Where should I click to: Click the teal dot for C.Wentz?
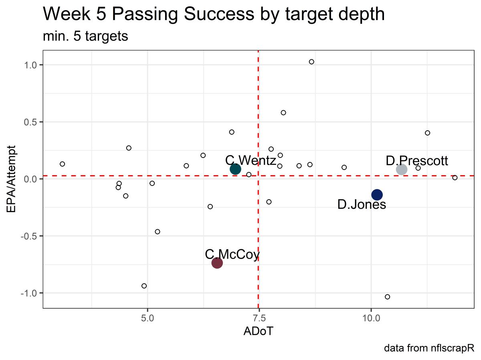pos(235,169)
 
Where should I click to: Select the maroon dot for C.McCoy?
pos(217,263)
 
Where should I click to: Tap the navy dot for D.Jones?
pos(377,194)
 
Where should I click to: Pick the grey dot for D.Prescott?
pos(402,169)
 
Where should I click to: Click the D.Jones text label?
pos(362,205)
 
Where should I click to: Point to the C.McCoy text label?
pos(232,254)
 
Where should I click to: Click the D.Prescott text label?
pos(417,161)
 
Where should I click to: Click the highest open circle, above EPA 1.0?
pos(311,62)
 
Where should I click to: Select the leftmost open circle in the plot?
pos(62,164)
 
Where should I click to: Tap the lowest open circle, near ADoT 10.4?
pos(387,297)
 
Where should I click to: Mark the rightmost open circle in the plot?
pos(455,178)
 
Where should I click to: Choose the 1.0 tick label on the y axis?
pos(30,65)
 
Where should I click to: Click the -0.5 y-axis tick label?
pos(29,236)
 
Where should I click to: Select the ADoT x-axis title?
pos(258,332)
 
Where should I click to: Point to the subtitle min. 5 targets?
pos(85,36)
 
